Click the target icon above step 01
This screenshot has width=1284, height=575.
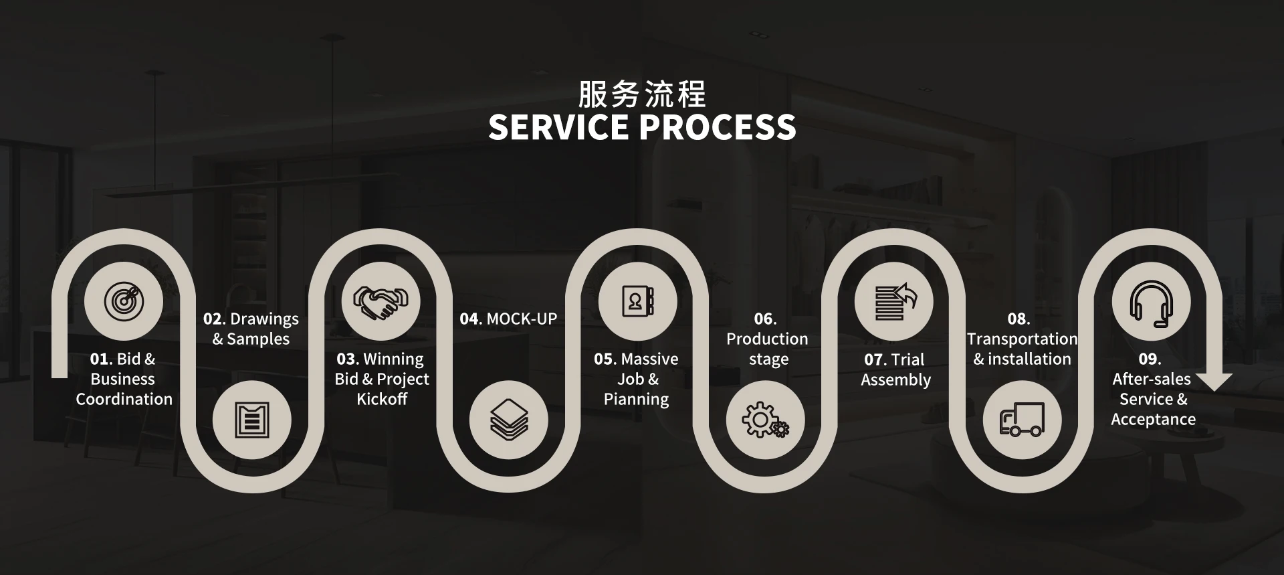tap(124, 301)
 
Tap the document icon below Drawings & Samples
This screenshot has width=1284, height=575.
tap(252, 420)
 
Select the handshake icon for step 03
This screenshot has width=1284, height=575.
tap(381, 301)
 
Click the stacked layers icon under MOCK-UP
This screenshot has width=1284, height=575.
tap(509, 420)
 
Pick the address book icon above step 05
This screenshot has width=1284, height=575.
tap(637, 301)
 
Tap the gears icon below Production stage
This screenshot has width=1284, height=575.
tap(765, 420)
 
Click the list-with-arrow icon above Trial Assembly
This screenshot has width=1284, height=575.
tap(894, 301)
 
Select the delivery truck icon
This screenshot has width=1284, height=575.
tap(1022, 420)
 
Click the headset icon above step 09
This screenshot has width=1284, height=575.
tap(1151, 302)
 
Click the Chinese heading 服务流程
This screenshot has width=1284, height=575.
tap(642, 94)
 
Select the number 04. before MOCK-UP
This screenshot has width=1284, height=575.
tap(471, 319)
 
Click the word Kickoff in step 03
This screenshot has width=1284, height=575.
tap(382, 399)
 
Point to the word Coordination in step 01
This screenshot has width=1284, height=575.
tap(124, 399)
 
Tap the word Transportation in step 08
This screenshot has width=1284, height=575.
tap(1022, 339)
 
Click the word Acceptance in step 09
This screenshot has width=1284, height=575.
tap(1153, 420)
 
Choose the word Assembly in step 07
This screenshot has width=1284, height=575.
tap(895, 380)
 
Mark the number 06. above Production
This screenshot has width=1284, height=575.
tap(765, 319)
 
